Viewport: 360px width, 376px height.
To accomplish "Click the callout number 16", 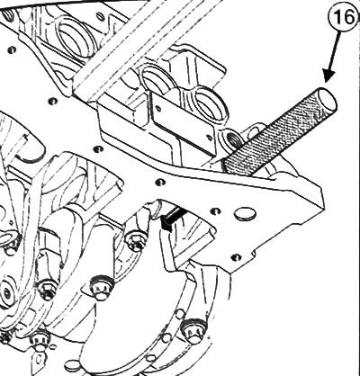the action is click(345, 18).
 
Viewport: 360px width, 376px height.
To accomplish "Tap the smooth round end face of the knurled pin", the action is click(328, 99).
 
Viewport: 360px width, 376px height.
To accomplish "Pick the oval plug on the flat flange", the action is click(245, 214).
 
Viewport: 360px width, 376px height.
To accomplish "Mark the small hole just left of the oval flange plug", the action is click(215, 211).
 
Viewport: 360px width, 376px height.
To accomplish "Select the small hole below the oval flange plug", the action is click(236, 257).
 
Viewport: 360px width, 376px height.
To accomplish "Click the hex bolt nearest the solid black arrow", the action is click(137, 239).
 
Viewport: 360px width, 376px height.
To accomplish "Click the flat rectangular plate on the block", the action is click(184, 122).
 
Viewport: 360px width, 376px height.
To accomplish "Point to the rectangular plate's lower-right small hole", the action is click(209, 139).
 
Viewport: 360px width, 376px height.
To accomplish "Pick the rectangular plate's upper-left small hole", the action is click(158, 107).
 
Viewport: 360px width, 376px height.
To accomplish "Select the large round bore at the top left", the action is click(74, 38).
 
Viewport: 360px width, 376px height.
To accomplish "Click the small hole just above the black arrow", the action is click(160, 182).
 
